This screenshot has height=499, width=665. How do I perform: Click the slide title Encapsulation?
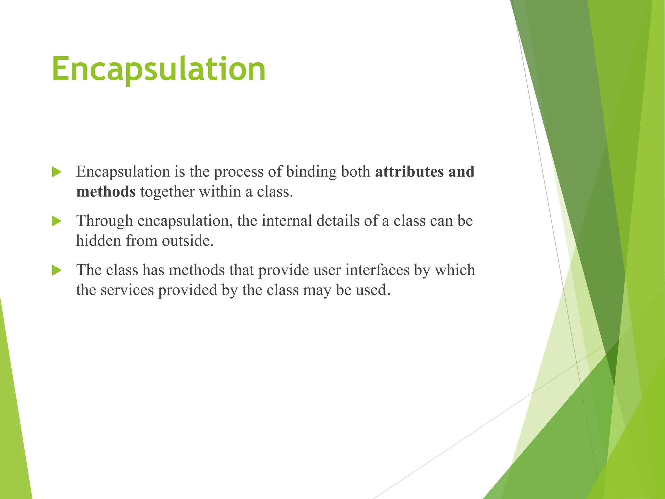158,69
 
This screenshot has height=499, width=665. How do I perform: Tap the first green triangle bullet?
56,172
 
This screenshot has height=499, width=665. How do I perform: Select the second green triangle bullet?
56,222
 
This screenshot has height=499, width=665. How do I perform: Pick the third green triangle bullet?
56,270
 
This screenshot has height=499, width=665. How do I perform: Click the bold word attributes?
409,172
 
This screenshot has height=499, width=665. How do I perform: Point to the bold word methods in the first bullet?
106,192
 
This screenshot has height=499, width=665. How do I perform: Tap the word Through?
104,221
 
